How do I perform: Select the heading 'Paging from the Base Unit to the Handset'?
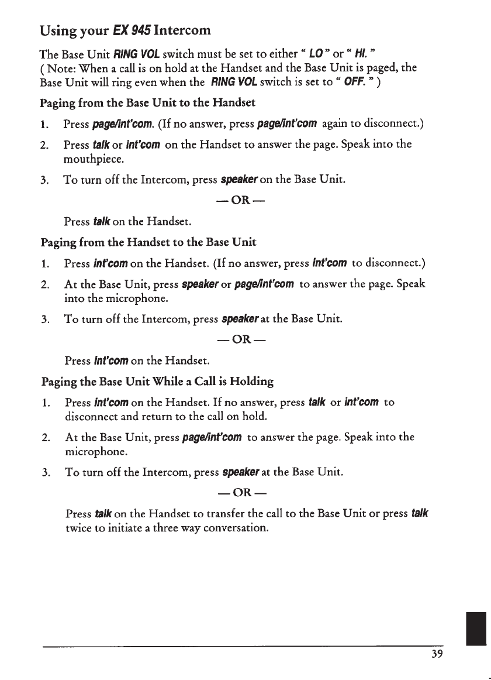(147, 104)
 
